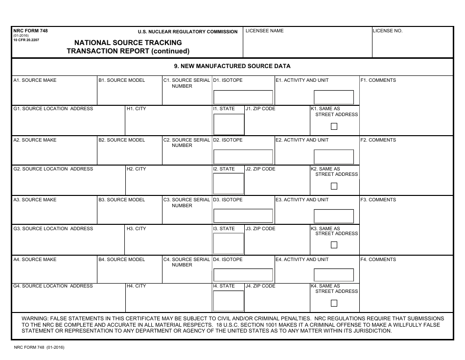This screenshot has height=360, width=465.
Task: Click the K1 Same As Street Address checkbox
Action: tap(334, 126)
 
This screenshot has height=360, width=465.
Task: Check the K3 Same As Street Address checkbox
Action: tap(334, 245)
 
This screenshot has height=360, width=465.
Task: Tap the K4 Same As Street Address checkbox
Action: tap(334, 303)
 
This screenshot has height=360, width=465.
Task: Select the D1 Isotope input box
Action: tap(243, 97)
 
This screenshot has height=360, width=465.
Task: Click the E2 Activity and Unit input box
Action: tap(333, 157)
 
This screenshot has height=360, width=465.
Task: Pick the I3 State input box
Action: tap(228, 243)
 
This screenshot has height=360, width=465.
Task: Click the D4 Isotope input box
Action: tap(243, 275)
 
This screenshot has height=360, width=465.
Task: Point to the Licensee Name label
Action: tap(264, 31)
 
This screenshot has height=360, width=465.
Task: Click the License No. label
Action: tap(388, 31)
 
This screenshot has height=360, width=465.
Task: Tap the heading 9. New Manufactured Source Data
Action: tap(232, 66)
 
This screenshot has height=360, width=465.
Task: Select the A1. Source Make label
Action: tap(35, 80)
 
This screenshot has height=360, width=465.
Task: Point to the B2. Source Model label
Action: tap(122, 140)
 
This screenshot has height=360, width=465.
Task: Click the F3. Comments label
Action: tap(378, 200)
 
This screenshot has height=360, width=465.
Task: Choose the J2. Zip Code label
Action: tap(260, 169)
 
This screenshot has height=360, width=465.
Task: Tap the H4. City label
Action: tap(137, 286)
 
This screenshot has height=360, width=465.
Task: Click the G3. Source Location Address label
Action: tap(53, 229)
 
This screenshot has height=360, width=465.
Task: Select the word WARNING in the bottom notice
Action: tap(35, 318)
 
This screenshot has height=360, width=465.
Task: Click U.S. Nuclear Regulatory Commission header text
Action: tap(187, 32)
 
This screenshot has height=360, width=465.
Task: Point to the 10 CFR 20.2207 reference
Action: tap(26, 40)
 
